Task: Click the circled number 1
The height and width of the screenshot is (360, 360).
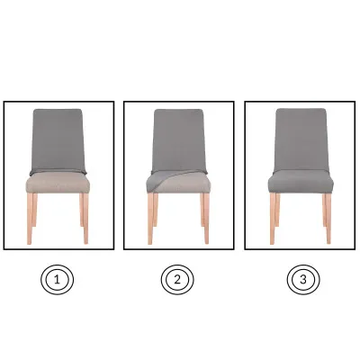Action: pyautogui.click(x=57, y=280)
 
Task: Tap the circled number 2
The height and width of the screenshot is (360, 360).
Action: pyautogui.click(x=177, y=280)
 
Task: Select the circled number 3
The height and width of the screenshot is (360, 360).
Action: pyautogui.click(x=303, y=280)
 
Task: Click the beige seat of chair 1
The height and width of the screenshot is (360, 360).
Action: pyautogui.click(x=58, y=184)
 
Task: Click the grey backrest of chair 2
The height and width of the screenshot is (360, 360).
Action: pyautogui.click(x=179, y=140)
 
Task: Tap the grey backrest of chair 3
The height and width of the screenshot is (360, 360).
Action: pyautogui.click(x=301, y=140)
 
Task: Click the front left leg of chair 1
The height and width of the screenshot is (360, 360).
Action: pyautogui.click(x=30, y=219)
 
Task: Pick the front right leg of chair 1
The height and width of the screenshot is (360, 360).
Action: pyautogui.click(x=85, y=219)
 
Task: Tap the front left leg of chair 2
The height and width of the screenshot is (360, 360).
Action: pyautogui.click(x=150, y=219)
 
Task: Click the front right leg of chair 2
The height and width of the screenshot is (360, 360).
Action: pyautogui.click(x=206, y=219)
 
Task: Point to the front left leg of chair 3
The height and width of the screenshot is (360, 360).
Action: pyautogui.click(x=273, y=219)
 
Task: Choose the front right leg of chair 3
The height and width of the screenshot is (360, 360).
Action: pyautogui.click(x=328, y=219)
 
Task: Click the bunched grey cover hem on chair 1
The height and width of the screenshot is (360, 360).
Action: pyautogui.click(x=58, y=172)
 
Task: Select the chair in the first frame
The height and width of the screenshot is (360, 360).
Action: pyautogui.click(x=58, y=176)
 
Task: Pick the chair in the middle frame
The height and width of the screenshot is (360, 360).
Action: pyautogui.click(x=178, y=176)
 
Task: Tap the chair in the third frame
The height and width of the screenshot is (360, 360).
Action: pyautogui.click(x=301, y=176)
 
